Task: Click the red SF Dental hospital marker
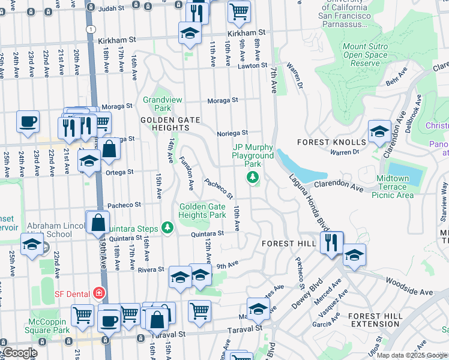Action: pos(97,293)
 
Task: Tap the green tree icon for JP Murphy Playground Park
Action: pos(253,176)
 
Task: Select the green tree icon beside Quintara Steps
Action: pos(167,228)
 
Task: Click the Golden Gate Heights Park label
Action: pos(202,211)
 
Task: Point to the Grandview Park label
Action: pos(158,104)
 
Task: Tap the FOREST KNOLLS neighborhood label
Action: pos(331,142)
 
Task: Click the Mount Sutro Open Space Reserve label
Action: pos(366,55)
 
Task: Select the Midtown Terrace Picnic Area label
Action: pos(404,187)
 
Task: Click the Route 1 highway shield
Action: pos(90,29)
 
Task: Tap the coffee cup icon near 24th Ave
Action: pos(28,122)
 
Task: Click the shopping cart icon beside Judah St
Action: pos(239,11)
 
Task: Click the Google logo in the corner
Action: pos(19,353)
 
